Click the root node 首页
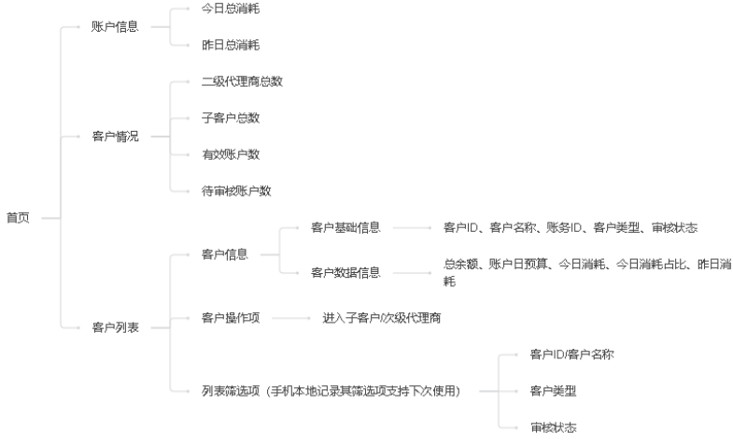click(x=18, y=218)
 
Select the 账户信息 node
click(x=115, y=27)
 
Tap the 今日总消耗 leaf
click(x=231, y=8)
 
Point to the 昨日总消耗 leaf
click(x=231, y=45)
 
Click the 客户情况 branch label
click(x=115, y=137)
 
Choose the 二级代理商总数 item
click(x=242, y=81)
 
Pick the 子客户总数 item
click(x=231, y=118)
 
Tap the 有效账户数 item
click(x=231, y=154)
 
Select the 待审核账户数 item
click(x=236, y=191)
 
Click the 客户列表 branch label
click(x=115, y=327)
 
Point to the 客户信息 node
click(x=224, y=254)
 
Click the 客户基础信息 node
click(x=345, y=227)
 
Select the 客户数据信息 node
click(x=345, y=272)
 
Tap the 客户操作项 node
click(x=231, y=318)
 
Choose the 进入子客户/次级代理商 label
click(x=382, y=318)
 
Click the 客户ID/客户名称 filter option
click(x=571, y=354)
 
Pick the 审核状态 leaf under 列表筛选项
click(x=553, y=427)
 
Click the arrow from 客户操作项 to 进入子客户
click(x=290, y=318)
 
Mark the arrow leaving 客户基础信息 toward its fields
click(x=412, y=228)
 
